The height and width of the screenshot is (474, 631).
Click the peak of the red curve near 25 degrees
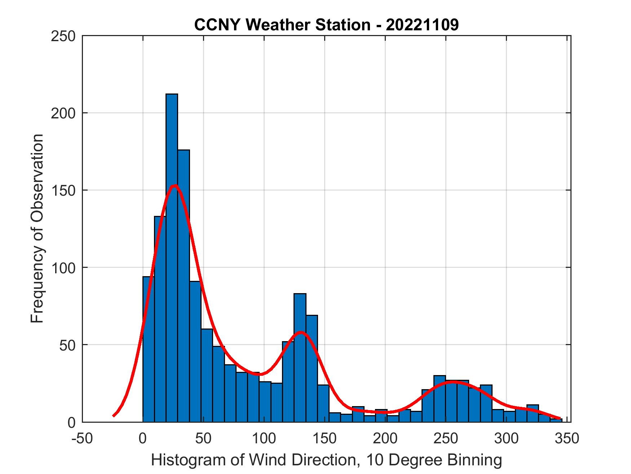175,186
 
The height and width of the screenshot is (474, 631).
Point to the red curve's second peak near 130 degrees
301,332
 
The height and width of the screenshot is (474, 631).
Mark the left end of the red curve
114,416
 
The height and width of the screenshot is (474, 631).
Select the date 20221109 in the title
422,25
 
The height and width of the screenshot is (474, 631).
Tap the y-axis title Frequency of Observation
37,229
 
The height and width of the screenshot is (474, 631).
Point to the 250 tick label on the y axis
63,36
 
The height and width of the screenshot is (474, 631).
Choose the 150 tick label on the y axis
63,190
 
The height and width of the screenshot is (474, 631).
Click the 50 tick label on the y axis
68,345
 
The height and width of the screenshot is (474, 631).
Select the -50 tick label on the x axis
82,439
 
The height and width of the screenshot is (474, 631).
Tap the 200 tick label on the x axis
385,439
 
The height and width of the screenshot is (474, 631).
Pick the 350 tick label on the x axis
566,439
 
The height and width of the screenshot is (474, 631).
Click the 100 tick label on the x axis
264,439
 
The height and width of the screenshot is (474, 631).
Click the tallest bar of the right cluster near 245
440,399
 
